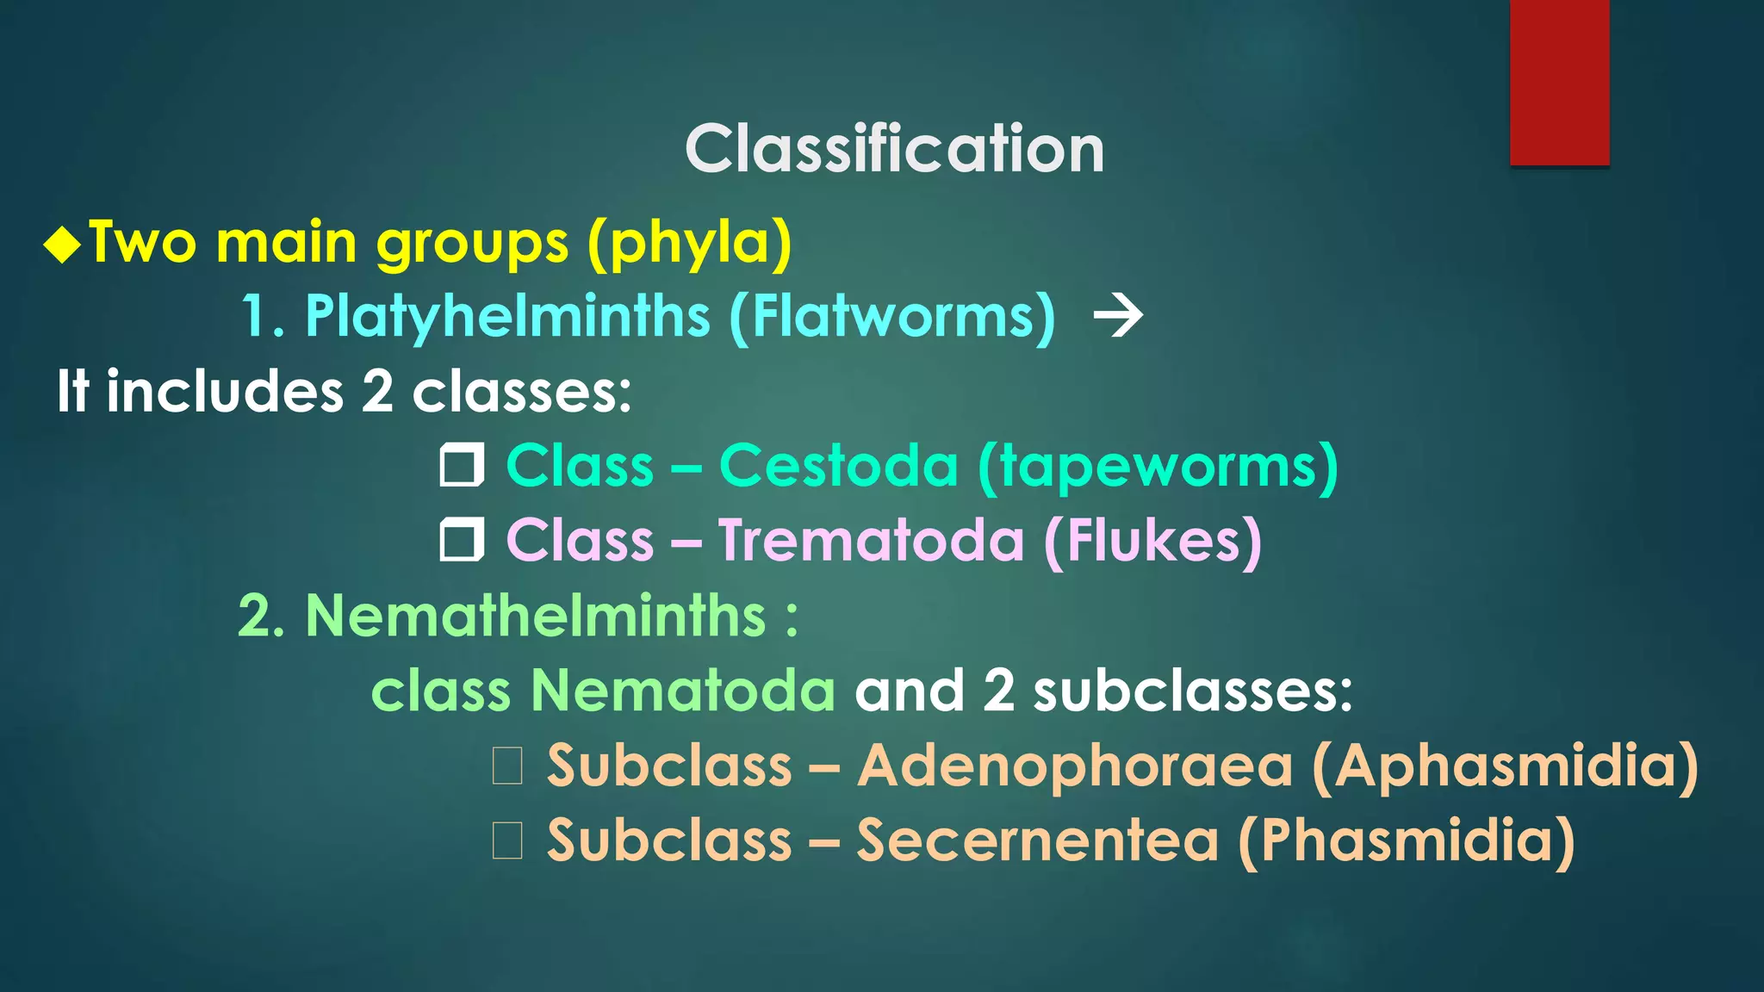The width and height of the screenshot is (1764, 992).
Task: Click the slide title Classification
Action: click(894, 149)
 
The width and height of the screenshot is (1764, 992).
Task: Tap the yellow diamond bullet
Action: click(63, 244)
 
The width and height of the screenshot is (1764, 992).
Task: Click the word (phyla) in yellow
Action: click(689, 244)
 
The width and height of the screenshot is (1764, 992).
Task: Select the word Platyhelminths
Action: click(507, 317)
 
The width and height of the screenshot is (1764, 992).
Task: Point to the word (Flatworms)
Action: click(892, 317)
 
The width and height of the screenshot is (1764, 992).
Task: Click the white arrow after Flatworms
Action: click(1118, 316)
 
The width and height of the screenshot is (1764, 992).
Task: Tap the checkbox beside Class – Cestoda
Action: click(462, 466)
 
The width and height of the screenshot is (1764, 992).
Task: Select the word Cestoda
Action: click(838, 466)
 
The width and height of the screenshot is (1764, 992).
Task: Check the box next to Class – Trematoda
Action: click(462, 541)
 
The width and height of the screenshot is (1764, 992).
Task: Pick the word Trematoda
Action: click(871, 541)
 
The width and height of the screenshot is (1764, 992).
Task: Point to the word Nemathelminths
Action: click(536, 616)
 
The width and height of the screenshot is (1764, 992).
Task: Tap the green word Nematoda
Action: click(682, 691)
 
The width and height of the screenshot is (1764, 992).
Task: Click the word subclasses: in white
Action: click(1193, 691)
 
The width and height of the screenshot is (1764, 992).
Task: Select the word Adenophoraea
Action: click(1074, 766)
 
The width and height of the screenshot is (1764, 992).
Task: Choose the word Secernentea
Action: click(1037, 840)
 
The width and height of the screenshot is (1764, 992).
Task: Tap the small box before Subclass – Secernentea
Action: click(507, 840)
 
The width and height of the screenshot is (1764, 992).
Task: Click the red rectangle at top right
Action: click(1559, 83)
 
